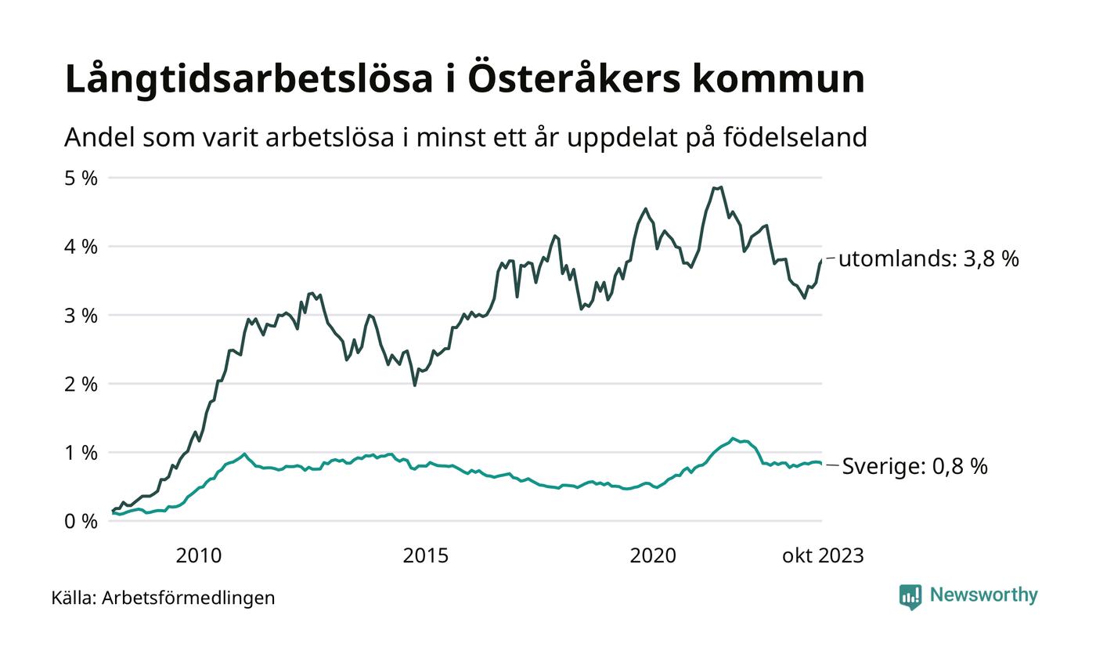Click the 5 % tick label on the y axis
coord(81,178)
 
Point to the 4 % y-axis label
coord(81,247)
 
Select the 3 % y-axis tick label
coord(81,316)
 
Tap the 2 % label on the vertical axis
coord(81,384)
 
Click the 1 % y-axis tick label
coord(81,453)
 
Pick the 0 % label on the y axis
coord(81,521)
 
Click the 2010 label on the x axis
coord(199,555)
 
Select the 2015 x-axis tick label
coord(426,555)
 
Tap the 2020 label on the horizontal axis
coord(653,555)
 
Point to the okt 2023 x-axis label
coord(823,555)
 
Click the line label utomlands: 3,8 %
coord(928,258)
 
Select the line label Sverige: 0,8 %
coord(914,467)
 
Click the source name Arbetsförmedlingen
coord(189,598)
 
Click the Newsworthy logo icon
coord(910,597)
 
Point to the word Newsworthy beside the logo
coord(983,595)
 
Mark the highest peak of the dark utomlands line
coord(721,187)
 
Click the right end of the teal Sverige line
coord(821,464)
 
